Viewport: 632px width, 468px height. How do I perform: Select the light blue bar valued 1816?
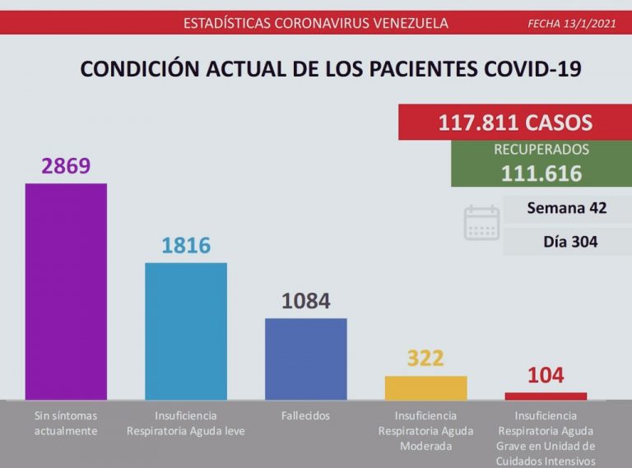coord(186,331)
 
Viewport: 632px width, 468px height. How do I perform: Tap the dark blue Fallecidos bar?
coord(305,359)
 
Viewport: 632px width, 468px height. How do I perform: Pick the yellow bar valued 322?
coord(425,387)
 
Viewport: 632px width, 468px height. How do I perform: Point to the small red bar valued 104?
coord(546,396)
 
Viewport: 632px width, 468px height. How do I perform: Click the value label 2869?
coord(66,166)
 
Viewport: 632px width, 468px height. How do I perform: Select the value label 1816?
coord(186,245)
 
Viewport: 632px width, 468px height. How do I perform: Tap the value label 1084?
coord(305,301)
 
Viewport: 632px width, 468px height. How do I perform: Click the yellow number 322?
coord(425,359)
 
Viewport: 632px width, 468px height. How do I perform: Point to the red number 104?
coord(546,376)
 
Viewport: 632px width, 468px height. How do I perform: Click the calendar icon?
coord(481,223)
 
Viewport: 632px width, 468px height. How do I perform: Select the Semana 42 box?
coord(566,208)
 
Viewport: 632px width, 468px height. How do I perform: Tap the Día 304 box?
coord(569,242)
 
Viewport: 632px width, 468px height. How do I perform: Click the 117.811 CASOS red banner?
coord(515,123)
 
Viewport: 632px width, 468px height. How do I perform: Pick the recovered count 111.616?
coord(541,174)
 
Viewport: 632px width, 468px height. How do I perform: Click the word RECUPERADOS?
coord(541,150)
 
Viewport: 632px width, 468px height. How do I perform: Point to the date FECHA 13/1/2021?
coord(571,23)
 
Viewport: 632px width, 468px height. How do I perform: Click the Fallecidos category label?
coord(305,415)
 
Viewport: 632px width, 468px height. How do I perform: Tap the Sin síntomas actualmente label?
coord(66,423)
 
